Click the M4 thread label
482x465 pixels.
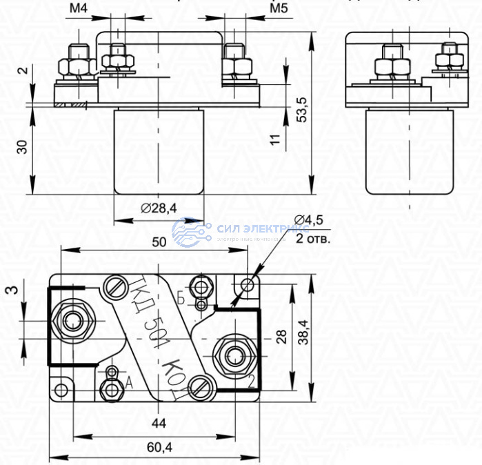[79, 9]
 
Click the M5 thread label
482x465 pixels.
[278, 9]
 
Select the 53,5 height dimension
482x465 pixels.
[302, 110]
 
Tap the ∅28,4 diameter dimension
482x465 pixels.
[159, 208]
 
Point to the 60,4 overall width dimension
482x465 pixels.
[159, 448]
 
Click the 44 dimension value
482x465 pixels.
[159, 423]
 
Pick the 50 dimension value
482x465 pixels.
[159, 241]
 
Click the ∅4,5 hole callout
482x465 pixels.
[308, 220]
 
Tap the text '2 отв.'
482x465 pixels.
[313, 239]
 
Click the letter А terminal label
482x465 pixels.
[128, 384]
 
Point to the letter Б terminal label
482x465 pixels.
[181, 298]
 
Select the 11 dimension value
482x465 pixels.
[277, 139]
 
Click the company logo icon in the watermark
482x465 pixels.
[189, 232]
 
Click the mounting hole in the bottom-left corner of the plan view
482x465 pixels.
[62, 390]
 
